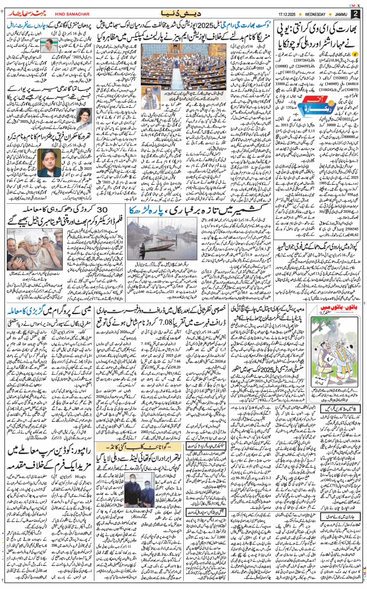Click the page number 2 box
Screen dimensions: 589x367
click(x=355, y=13)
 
